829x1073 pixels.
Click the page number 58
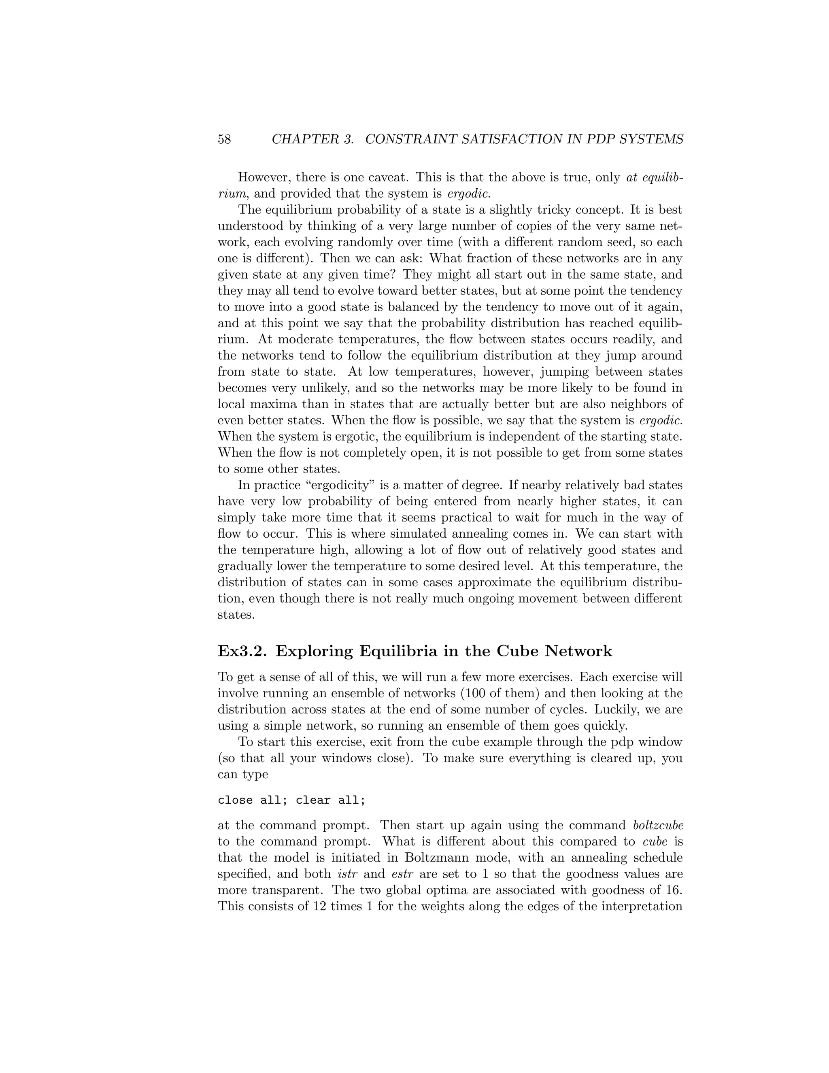coord(224,140)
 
